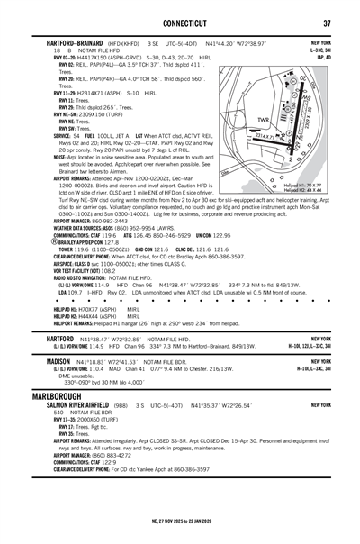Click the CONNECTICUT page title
tap(180, 23)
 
